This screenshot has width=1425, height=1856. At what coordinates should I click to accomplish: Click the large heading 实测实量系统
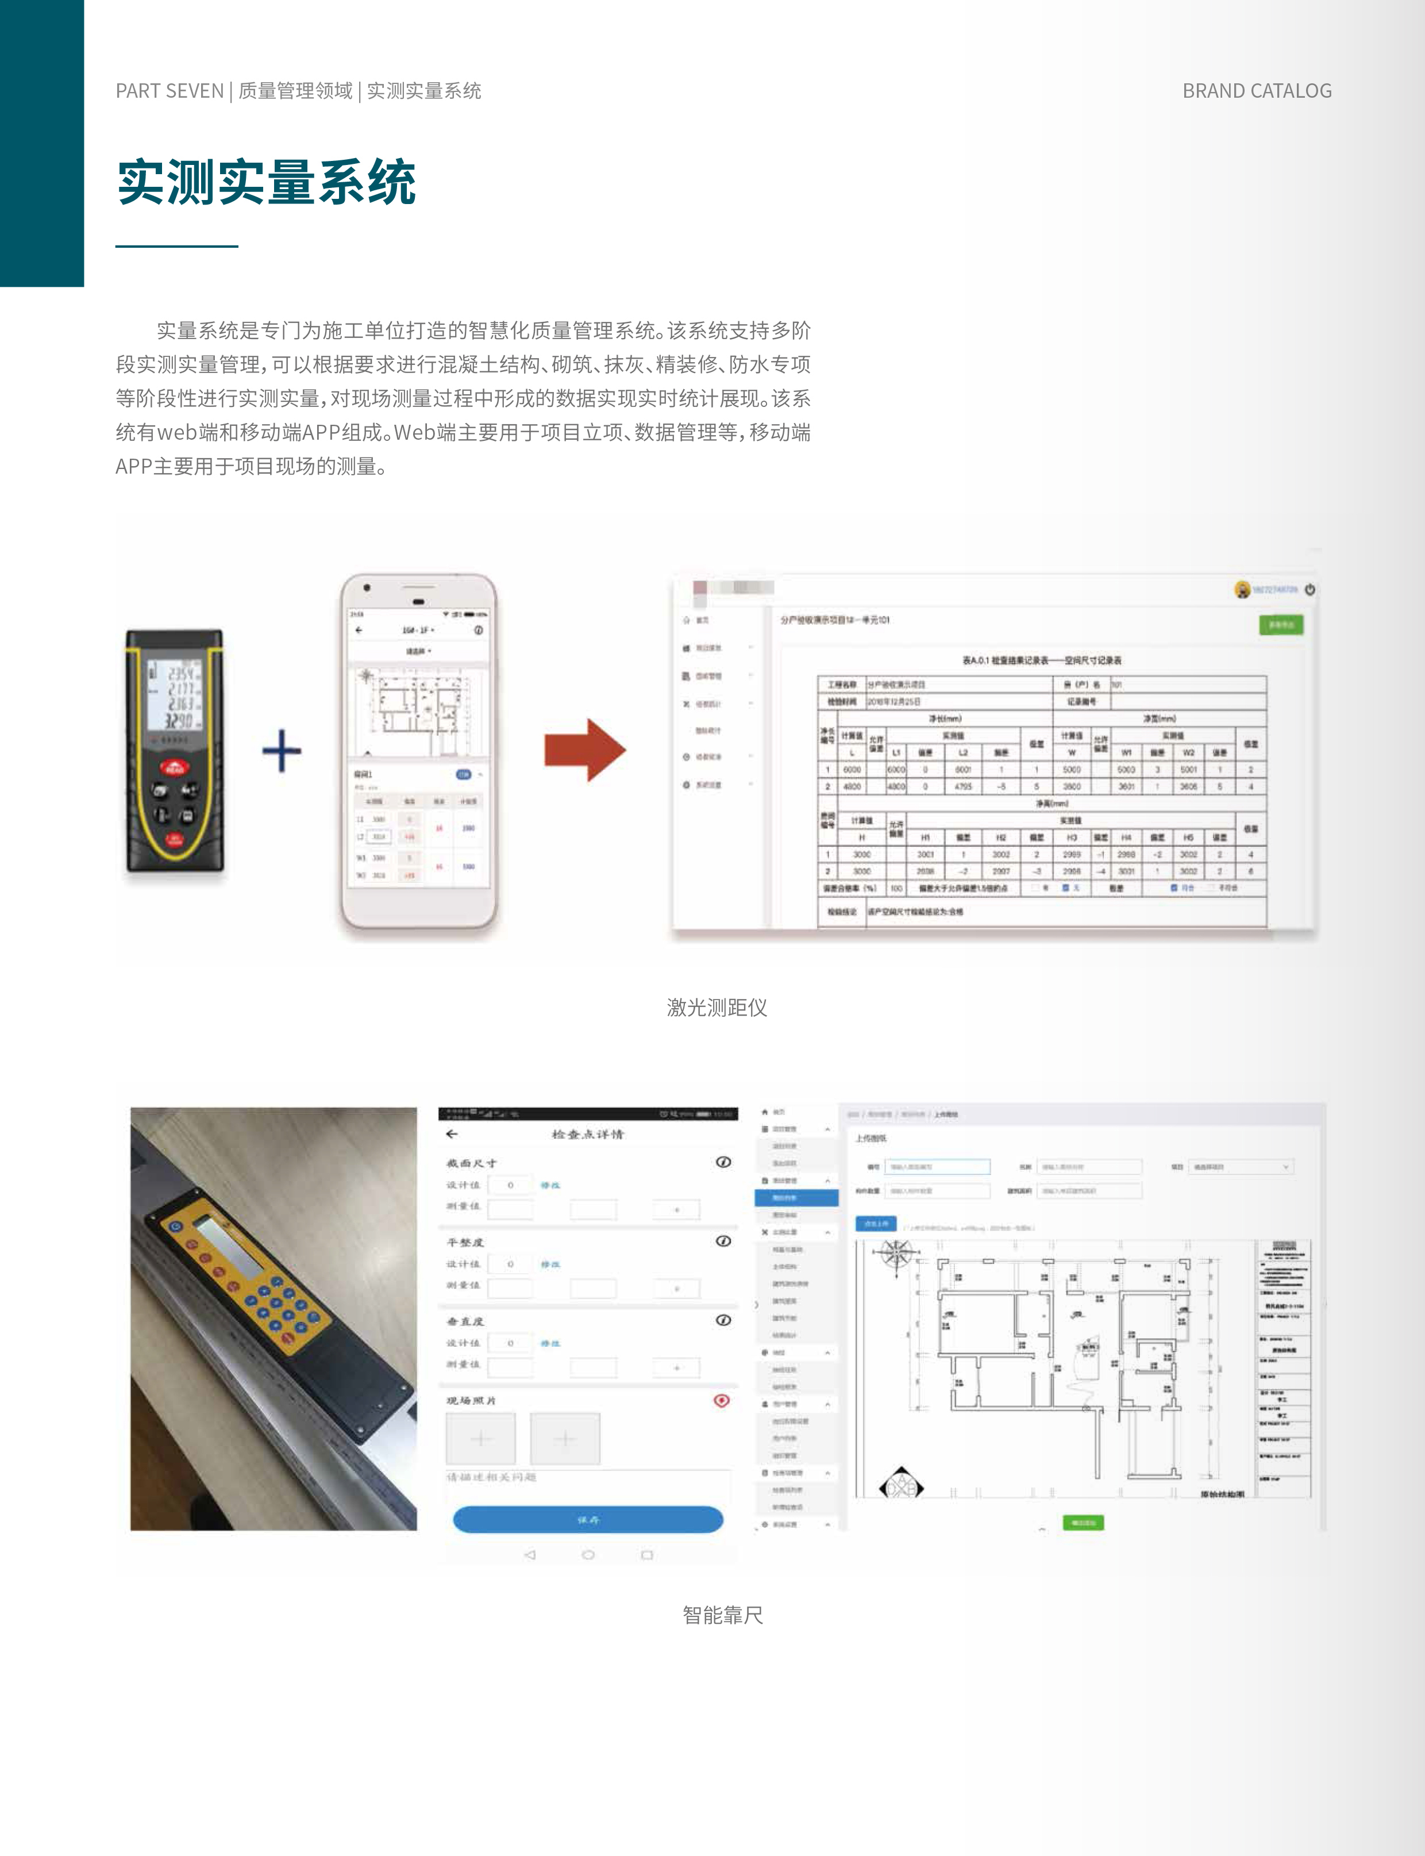pyautogui.click(x=267, y=182)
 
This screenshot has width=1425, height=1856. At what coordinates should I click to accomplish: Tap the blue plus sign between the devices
pyautogui.click(x=282, y=751)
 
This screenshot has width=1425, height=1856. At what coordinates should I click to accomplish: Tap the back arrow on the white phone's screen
pyautogui.click(x=359, y=631)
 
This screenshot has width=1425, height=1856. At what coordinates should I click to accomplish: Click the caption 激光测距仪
pyautogui.click(x=717, y=1008)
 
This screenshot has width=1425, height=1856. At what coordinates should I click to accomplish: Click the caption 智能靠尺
pyautogui.click(x=723, y=1615)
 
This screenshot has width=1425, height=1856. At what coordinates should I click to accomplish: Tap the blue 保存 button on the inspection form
pyautogui.click(x=588, y=1519)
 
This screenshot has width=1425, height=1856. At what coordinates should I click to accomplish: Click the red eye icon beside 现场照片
pyautogui.click(x=722, y=1401)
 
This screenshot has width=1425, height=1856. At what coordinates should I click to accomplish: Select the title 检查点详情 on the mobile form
pyautogui.click(x=587, y=1134)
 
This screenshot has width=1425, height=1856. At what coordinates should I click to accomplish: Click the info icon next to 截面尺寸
pyautogui.click(x=723, y=1162)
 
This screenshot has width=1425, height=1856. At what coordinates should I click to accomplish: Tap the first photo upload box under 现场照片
pyautogui.click(x=481, y=1439)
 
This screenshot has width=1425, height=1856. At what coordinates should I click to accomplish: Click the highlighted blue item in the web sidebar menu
pyautogui.click(x=796, y=1198)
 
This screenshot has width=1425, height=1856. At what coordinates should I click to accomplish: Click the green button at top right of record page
pyautogui.click(x=1280, y=625)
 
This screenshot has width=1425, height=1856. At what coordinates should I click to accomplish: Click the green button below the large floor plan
pyautogui.click(x=1083, y=1523)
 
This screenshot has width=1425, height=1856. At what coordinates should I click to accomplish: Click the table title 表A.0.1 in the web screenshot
pyautogui.click(x=1042, y=660)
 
